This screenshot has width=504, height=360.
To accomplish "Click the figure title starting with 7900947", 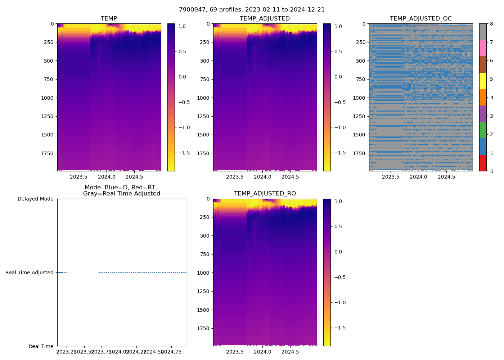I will point(252,10).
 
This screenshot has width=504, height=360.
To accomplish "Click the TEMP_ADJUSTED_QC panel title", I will point(420,19).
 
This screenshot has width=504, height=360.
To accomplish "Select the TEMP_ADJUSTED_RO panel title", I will point(265,194).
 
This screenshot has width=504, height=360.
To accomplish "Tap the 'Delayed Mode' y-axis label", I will point(35,199).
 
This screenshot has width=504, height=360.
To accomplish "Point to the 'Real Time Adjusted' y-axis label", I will point(30,273).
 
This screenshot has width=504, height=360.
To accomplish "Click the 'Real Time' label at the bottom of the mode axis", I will point(41,346).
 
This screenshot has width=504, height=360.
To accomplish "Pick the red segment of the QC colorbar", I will point(483,163).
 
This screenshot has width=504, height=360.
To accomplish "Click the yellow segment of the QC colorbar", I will point(483,81).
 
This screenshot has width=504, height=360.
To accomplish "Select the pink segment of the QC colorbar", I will point(483,48).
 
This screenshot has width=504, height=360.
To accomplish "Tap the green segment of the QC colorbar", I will point(483,130).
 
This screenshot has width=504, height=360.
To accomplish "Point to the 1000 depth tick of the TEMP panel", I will point(47,98).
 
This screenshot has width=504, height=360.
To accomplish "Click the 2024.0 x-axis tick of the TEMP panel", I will point(107,177).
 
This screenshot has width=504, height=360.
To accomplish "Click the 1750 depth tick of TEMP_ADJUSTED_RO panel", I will point(203,328).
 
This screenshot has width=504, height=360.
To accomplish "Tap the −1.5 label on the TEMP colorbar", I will point(184,153).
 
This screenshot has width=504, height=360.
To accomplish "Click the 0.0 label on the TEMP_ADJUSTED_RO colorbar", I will point(338,252).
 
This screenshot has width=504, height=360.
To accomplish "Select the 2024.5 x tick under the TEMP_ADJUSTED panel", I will point(290,177).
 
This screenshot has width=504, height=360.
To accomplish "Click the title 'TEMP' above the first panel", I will point(109,19).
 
